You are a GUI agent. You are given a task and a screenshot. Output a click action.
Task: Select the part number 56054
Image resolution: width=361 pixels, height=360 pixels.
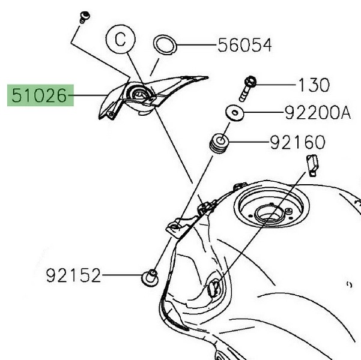(x=244, y=44)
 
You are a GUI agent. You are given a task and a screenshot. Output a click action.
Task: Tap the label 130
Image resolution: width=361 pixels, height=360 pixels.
(x=314, y=85)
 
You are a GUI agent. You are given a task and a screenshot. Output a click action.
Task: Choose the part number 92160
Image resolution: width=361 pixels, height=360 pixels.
(x=297, y=142)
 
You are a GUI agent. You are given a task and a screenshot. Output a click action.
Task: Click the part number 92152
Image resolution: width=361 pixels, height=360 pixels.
(x=73, y=275)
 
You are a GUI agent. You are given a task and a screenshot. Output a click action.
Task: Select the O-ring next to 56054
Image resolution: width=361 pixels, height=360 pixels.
(x=165, y=44)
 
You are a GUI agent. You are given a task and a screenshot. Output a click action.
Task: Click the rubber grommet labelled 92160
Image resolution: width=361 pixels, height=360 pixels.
(x=219, y=145)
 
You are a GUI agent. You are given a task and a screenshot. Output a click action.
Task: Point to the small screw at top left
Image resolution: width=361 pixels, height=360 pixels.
(x=84, y=16)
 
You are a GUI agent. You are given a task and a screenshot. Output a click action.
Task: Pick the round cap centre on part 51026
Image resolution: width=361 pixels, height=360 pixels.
(x=138, y=94)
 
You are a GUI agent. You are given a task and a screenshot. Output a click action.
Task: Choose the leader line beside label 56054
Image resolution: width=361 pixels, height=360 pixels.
(x=195, y=44)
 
